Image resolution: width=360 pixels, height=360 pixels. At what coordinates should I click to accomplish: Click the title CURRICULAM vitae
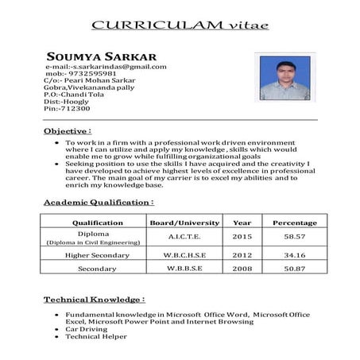coord(180,25)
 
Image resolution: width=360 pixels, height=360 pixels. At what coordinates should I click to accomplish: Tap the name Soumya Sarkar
coord(101,56)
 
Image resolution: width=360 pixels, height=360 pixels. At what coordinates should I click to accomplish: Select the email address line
coord(106,67)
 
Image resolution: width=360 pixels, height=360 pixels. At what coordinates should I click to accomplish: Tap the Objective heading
coord(68,130)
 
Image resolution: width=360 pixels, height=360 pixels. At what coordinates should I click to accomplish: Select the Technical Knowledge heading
coord(94,300)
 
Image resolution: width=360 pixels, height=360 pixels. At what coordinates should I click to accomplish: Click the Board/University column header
coord(185,223)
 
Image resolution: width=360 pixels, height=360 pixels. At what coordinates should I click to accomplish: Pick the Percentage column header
coord(295,223)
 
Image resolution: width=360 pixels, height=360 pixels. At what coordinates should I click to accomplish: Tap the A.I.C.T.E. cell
coord(185,237)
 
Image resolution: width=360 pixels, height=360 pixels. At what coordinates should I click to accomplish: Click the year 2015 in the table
coord(242,237)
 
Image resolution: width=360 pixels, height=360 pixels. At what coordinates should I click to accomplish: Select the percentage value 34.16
coord(295,255)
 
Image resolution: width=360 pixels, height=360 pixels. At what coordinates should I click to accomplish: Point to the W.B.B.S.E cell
coord(185,269)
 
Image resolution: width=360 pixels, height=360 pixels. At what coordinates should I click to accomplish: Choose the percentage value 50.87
coord(295,269)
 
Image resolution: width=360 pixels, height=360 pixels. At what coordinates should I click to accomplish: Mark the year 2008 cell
coord(242,269)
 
